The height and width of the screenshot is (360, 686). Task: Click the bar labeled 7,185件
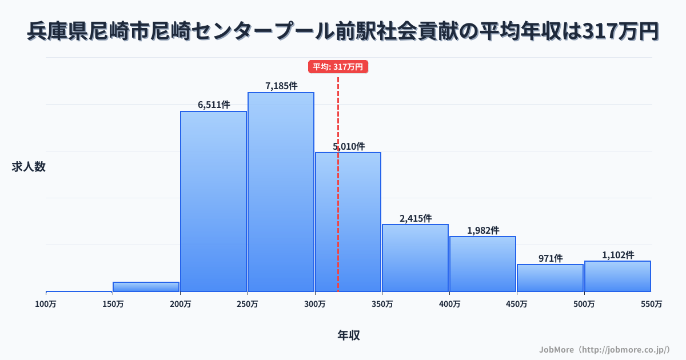pyautogui.click(x=281, y=192)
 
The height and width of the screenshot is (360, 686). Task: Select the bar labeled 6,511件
pyautogui.click(x=213, y=201)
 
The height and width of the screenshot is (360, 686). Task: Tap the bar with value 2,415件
pyautogui.click(x=415, y=258)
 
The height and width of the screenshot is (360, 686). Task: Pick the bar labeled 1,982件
pyautogui.click(x=482, y=264)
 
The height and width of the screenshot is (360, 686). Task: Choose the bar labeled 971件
pyautogui.click(x=550, y=278)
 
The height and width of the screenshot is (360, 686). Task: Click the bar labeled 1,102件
pyautogui.click(x=617, y=276)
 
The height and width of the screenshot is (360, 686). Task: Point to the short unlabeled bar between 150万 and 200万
pyautogui.click(x=146, y=286)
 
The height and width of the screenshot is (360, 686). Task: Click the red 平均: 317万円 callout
pyautogui.click(x=338, y=67)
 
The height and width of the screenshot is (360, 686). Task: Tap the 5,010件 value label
pyautogui.click(x=349, y=146)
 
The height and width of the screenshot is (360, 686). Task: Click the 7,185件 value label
pyautogui.click(x=281, y=86)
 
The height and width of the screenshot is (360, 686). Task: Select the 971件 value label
pyautogui.click(x=551, y=258)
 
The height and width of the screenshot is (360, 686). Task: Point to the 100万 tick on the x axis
pyautogui.click(x=46, y=304)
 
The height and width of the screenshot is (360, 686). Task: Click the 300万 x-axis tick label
pyautogui.click(x=315, y=304)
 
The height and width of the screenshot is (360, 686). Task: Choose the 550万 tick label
pyautogui.click(x=651, y=304)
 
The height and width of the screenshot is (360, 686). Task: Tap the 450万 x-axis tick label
pyautogui.click(x=517, y=304)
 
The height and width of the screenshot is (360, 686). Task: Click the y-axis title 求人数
pyautogui.click(x=29, y=167)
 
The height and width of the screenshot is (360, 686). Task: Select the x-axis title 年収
pyautogui.click(x=349, y=335)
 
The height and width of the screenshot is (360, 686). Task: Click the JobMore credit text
pyautogui.click(x=605, y=349)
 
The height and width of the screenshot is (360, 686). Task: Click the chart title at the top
pyautogui.click(x=343, y=32)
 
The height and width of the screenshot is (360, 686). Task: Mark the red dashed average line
pyautogui.click(x=338, y=229)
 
